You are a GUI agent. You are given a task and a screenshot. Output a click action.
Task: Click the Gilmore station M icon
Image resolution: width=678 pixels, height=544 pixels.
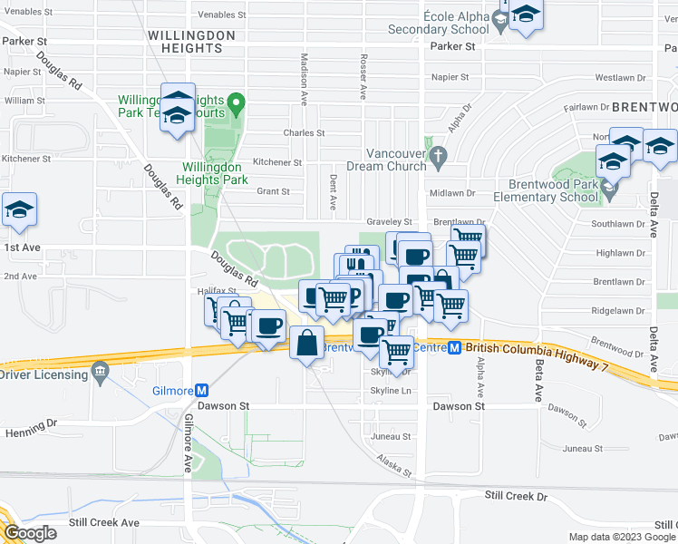point(202,390)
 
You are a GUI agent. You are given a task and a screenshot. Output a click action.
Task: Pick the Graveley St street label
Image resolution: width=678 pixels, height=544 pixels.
point(389,221)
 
